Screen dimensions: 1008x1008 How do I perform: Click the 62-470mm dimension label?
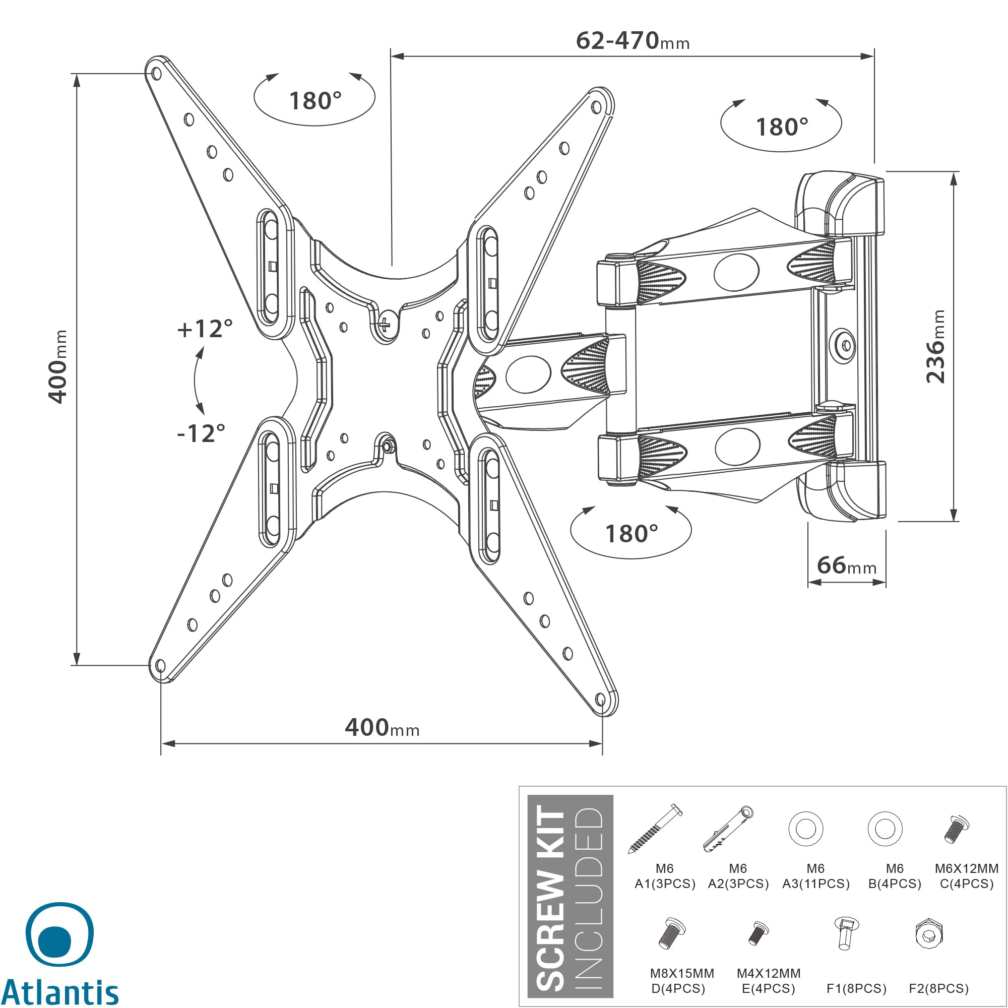tap(633, 41)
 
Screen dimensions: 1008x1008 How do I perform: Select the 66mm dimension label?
tap(846, 565)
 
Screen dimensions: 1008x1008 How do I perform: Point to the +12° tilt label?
tap(205, 329)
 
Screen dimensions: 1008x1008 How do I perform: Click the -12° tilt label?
tap(201, 433)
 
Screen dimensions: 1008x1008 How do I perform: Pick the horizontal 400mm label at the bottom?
tap(382, 727)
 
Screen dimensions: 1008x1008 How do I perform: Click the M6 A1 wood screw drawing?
tap(655, 829)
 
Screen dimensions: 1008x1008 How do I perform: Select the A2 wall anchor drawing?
tap(728, 829)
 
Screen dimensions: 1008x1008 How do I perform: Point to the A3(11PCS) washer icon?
tap(805, 829)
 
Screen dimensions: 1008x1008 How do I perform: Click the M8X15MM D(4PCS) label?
tap(681, 981)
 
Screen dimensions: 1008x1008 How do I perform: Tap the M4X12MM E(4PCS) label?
tap(769, 981)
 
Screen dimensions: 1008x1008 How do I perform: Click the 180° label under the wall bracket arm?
tap(632, 534)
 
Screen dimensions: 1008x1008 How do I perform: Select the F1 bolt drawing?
tap(845, 933)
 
